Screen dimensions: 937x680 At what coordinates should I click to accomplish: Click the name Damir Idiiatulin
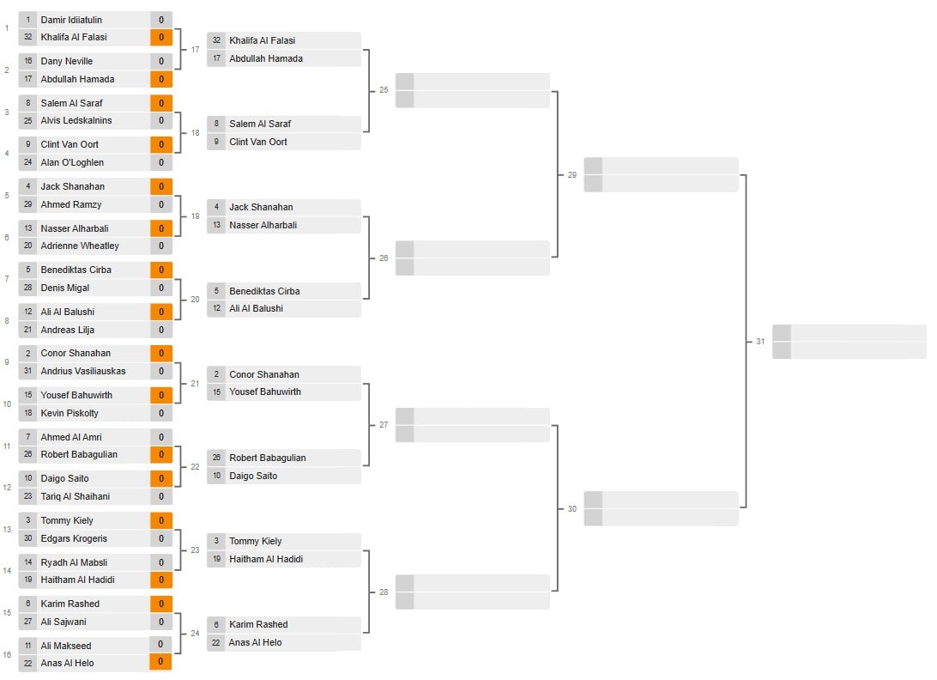71,20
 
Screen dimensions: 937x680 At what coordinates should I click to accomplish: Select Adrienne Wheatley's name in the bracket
80,246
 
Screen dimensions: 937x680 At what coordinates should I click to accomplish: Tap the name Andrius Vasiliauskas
82,372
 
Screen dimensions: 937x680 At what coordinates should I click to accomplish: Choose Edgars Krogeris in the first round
74,539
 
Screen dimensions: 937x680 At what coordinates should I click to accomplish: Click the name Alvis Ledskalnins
76,121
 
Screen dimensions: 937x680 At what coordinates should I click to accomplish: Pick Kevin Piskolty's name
70,414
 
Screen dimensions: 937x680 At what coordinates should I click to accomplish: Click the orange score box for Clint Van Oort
160,145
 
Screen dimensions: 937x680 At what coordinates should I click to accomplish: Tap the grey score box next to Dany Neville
160,62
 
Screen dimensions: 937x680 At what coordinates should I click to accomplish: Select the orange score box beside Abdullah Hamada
160,80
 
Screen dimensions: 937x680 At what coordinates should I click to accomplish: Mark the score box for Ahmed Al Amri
160,438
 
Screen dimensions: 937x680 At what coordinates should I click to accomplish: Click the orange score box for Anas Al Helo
160,663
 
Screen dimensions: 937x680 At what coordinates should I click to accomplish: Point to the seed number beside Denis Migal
28,288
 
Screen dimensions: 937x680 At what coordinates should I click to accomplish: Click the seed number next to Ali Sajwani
28,622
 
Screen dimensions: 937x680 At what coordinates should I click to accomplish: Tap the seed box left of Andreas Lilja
28,331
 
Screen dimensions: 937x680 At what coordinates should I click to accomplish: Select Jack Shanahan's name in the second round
261,208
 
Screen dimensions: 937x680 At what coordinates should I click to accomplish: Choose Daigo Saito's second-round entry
253,477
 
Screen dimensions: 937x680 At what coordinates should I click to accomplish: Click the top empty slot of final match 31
857,333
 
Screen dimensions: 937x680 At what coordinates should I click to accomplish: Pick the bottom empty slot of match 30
669,518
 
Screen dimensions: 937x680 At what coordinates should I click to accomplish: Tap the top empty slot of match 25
481,82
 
